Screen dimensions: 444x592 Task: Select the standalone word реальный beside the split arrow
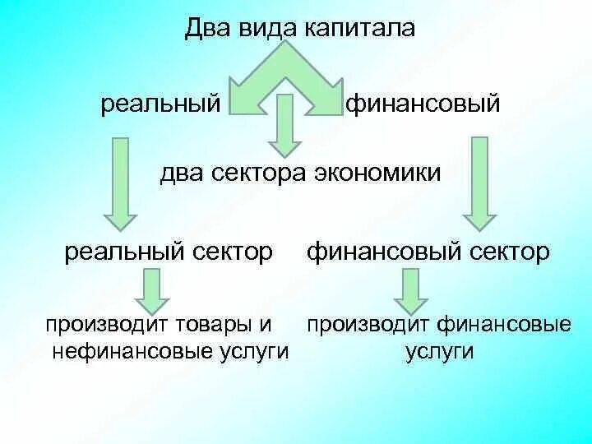pyautogui.click(x=160, y=104)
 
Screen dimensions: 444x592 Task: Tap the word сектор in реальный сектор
pyautogui.click(x=231, y=252)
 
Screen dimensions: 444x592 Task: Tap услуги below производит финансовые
pyautogui.click(x=439, y=351)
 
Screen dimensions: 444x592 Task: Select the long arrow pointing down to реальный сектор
pyautogui.click(x=120, y=185)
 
